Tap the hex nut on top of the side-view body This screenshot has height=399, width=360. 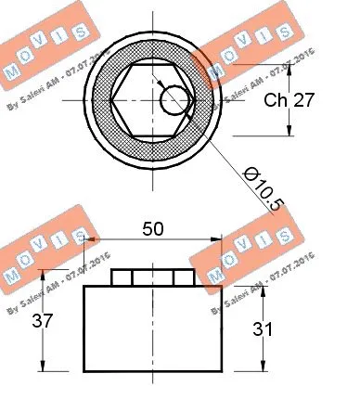click(x=152, y=277)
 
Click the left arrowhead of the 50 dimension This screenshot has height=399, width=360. click(x=89, y=238)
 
